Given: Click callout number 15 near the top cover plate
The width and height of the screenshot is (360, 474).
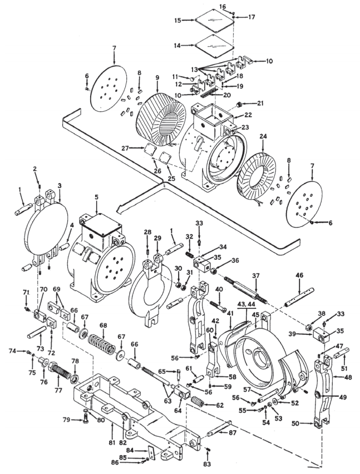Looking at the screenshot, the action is point(177,21).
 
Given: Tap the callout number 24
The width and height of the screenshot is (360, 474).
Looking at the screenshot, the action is point(263,137).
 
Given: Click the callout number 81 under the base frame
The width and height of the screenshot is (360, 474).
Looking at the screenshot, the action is point(112,443).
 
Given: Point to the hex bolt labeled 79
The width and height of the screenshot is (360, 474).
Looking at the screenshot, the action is point(85,419).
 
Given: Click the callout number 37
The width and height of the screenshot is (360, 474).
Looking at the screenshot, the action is point(256,276).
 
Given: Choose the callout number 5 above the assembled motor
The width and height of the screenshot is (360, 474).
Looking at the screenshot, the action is point(96,197).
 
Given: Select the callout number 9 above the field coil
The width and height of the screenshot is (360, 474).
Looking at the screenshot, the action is point(157,78).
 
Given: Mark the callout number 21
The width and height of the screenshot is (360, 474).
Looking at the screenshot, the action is point(260,103).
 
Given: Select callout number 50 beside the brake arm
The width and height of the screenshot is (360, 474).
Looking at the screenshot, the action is point(295,423).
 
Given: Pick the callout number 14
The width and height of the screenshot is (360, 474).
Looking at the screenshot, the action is point(177,46).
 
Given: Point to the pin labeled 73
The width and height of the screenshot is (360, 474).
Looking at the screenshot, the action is point(36,333).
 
